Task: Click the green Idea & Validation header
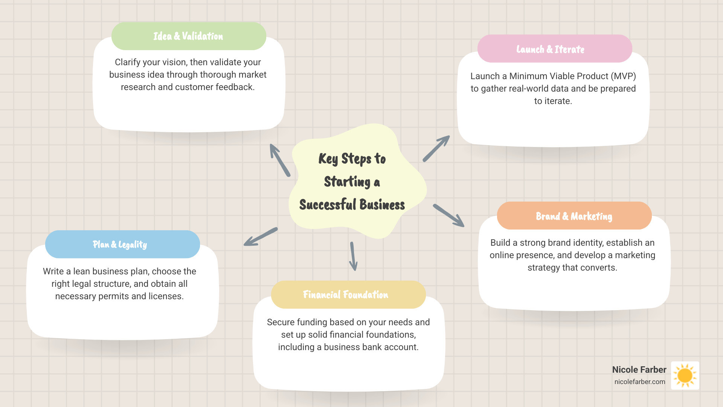189,36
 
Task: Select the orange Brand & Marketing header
574,216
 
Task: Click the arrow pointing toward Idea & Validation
280,160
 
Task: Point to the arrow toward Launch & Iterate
436,149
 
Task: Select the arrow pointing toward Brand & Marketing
448,216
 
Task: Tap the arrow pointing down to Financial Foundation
353,256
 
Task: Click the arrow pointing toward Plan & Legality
261,237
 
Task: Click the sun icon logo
685,375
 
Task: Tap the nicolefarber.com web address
640,382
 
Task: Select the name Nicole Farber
639,370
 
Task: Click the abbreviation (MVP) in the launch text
623,76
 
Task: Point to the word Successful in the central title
328,205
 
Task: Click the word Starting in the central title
347,182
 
